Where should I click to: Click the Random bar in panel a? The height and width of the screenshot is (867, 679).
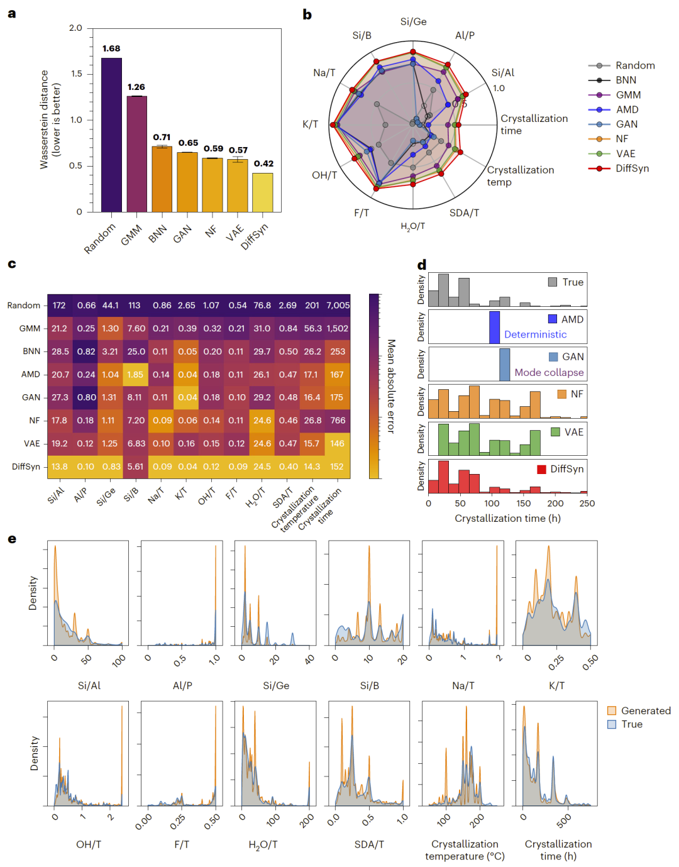[111, 135]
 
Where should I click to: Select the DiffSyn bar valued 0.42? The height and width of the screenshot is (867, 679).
[262, 192]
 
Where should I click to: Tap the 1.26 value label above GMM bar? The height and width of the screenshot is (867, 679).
[136, 87]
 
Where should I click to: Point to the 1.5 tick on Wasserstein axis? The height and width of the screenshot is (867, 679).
[76, 74]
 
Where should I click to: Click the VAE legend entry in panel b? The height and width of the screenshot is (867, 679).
[625, 154]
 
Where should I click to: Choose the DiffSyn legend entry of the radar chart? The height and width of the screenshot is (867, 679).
[632, 168]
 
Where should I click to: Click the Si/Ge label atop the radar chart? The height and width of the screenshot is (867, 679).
[413, 22]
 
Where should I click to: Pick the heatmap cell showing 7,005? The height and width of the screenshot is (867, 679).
[338, 306]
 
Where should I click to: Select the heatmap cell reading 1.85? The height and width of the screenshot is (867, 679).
[136, 375]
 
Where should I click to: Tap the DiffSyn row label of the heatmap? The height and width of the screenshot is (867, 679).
[26, 467]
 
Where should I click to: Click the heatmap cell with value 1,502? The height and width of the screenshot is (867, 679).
[338, 329]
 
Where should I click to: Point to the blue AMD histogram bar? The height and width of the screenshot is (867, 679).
[495, 327]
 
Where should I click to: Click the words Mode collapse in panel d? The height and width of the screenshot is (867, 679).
[549, 373]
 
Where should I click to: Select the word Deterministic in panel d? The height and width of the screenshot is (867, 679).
[535, 335]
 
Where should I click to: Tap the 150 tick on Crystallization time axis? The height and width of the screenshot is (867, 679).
[524, 504]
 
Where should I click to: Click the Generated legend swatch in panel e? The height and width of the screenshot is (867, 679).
[612, 710]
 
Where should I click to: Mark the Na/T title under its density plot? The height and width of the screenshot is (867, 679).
[463, 686]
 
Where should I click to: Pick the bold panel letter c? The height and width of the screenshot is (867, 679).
[12, 263]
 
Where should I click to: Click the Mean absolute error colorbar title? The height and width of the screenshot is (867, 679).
[391, 386]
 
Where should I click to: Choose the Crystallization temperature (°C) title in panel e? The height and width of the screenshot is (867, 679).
[465, 850]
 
